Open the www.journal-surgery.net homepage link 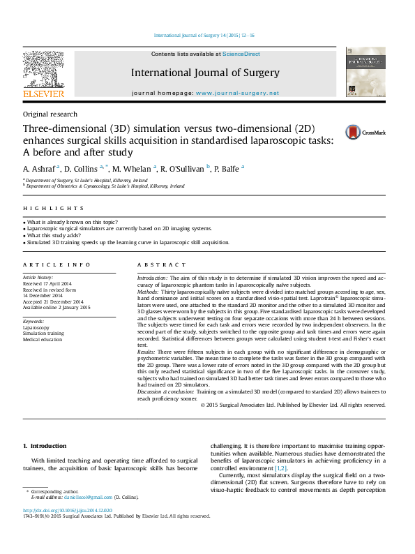click(x=237, y=93)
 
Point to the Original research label click(x=50, y=114)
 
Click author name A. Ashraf click(x=40, y=168)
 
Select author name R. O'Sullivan click(x=182, y=168)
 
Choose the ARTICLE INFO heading click(x=56, y=265)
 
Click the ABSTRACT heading click(x=162, y=265)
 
